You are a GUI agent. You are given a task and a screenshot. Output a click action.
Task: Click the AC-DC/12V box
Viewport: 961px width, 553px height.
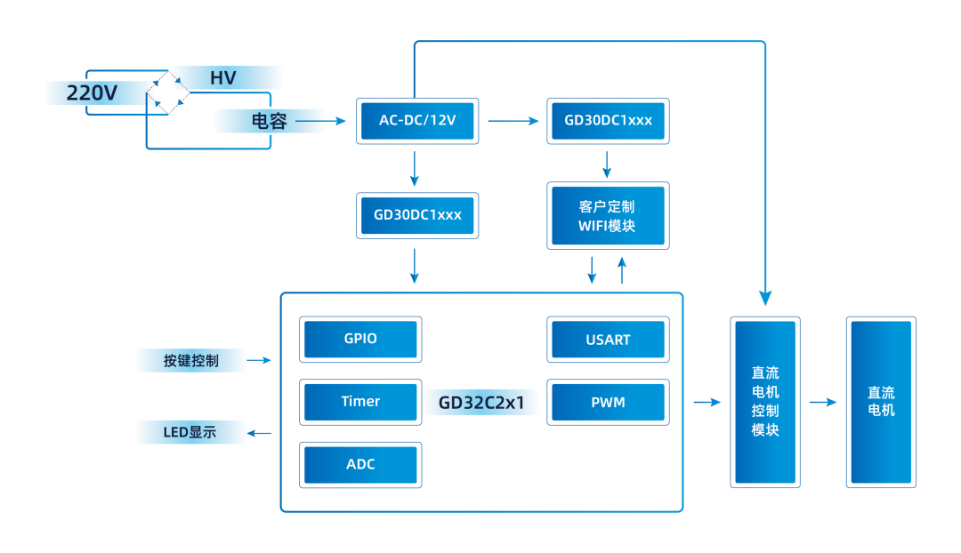pyautogui.click(x=417, y=121)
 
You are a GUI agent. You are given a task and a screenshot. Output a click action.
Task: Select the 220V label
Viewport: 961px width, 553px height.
pyautogui.click(x=93, y=92)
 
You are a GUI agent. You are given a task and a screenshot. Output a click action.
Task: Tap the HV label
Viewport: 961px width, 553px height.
pyautogui.click(x=224, y=78)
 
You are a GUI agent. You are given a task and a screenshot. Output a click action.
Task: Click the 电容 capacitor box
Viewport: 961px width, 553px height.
pyautogui.click(x=269, y=121)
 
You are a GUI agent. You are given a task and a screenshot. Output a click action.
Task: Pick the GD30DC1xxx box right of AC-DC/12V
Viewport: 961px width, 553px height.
pyautogui.click(x=608, y=121)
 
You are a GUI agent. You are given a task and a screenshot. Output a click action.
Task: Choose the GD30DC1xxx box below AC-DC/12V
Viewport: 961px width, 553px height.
pyautogui.click(x=417, y=215)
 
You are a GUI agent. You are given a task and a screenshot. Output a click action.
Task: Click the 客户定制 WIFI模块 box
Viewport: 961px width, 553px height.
pyautogui.click(x=608, y=216)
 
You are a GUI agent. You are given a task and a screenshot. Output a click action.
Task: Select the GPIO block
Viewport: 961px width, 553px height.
pyautogui.click(x=360, y=339)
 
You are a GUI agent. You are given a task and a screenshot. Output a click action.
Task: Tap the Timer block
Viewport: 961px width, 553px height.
pyautogui.click(x=360, y=402)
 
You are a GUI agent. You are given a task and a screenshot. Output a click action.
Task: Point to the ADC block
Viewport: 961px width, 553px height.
pyautogui.click(x=360, y=465)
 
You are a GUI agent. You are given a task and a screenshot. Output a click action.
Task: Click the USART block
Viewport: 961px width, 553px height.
pyautogui.click(x=608, y=340)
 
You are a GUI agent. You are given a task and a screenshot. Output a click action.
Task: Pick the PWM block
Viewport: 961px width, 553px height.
pyautogui.click(x=608, y=403)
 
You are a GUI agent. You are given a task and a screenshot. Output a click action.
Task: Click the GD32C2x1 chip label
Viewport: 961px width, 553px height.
pyautogui.click(x=481, y=403)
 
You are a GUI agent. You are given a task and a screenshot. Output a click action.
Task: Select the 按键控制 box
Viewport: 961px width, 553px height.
pyautogui.click(x=191, y=360)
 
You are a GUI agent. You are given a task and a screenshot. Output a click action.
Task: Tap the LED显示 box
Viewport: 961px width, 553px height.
pyautogui.click(x=191, y=433)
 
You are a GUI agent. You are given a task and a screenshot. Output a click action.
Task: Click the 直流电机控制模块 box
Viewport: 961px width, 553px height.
pyautogui.click(x=764, y=402)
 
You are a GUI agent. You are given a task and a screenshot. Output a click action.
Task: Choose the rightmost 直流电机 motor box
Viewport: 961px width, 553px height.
pyautogui.click(x=881, y=402)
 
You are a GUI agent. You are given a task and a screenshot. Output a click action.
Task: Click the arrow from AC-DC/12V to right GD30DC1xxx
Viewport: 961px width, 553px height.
pyautogui.click(x=514, y=121)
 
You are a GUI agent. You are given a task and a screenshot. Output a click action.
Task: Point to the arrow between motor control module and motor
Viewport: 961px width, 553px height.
pyautogui.click(x=823, y=402)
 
